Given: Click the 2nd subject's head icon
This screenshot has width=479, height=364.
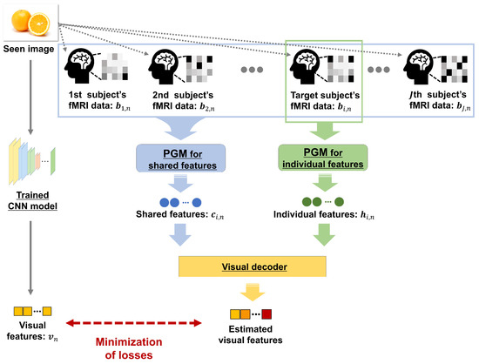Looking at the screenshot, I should pos(166,66).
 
